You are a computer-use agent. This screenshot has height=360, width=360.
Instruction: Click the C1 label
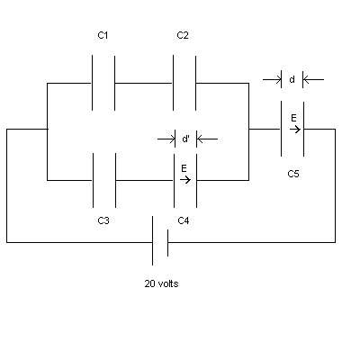tap(103, 35)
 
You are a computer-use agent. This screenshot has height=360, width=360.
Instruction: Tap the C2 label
tap(183, 35)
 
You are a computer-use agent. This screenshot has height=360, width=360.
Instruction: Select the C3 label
tap(103, 220)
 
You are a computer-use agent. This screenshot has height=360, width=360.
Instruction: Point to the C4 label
tap(184, 220)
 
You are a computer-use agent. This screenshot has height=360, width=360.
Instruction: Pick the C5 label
tap(293, 174)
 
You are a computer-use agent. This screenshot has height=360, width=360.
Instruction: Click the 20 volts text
tap(161, 283)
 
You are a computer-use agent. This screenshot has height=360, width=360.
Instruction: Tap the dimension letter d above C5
tap(292, 79)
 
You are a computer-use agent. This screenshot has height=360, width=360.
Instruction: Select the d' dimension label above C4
tap(185, 139)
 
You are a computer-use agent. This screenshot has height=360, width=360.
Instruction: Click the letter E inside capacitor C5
tap(293, 118)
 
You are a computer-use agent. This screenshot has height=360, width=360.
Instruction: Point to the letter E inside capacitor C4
tap(184, 168)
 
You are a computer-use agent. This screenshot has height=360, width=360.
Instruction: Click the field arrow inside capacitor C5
tap(295, 130)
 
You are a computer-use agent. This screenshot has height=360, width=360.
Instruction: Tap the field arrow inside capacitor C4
tap(185, 180)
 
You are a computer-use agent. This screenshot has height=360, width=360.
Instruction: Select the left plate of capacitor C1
tap(92, 83)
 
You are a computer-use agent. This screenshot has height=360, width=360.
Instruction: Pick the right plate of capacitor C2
tap(195, 83)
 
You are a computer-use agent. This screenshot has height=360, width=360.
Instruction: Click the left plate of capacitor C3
tap(93, 180)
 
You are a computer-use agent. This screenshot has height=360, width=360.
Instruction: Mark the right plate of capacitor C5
tap(303, 129)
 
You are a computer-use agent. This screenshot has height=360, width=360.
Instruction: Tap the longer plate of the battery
tap(152, 240)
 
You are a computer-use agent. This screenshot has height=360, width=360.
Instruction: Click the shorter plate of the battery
tap(167, 243)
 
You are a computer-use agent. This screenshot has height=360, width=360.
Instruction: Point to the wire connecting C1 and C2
tap(144, 83)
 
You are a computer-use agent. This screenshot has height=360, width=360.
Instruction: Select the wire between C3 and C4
tap(145, 180)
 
